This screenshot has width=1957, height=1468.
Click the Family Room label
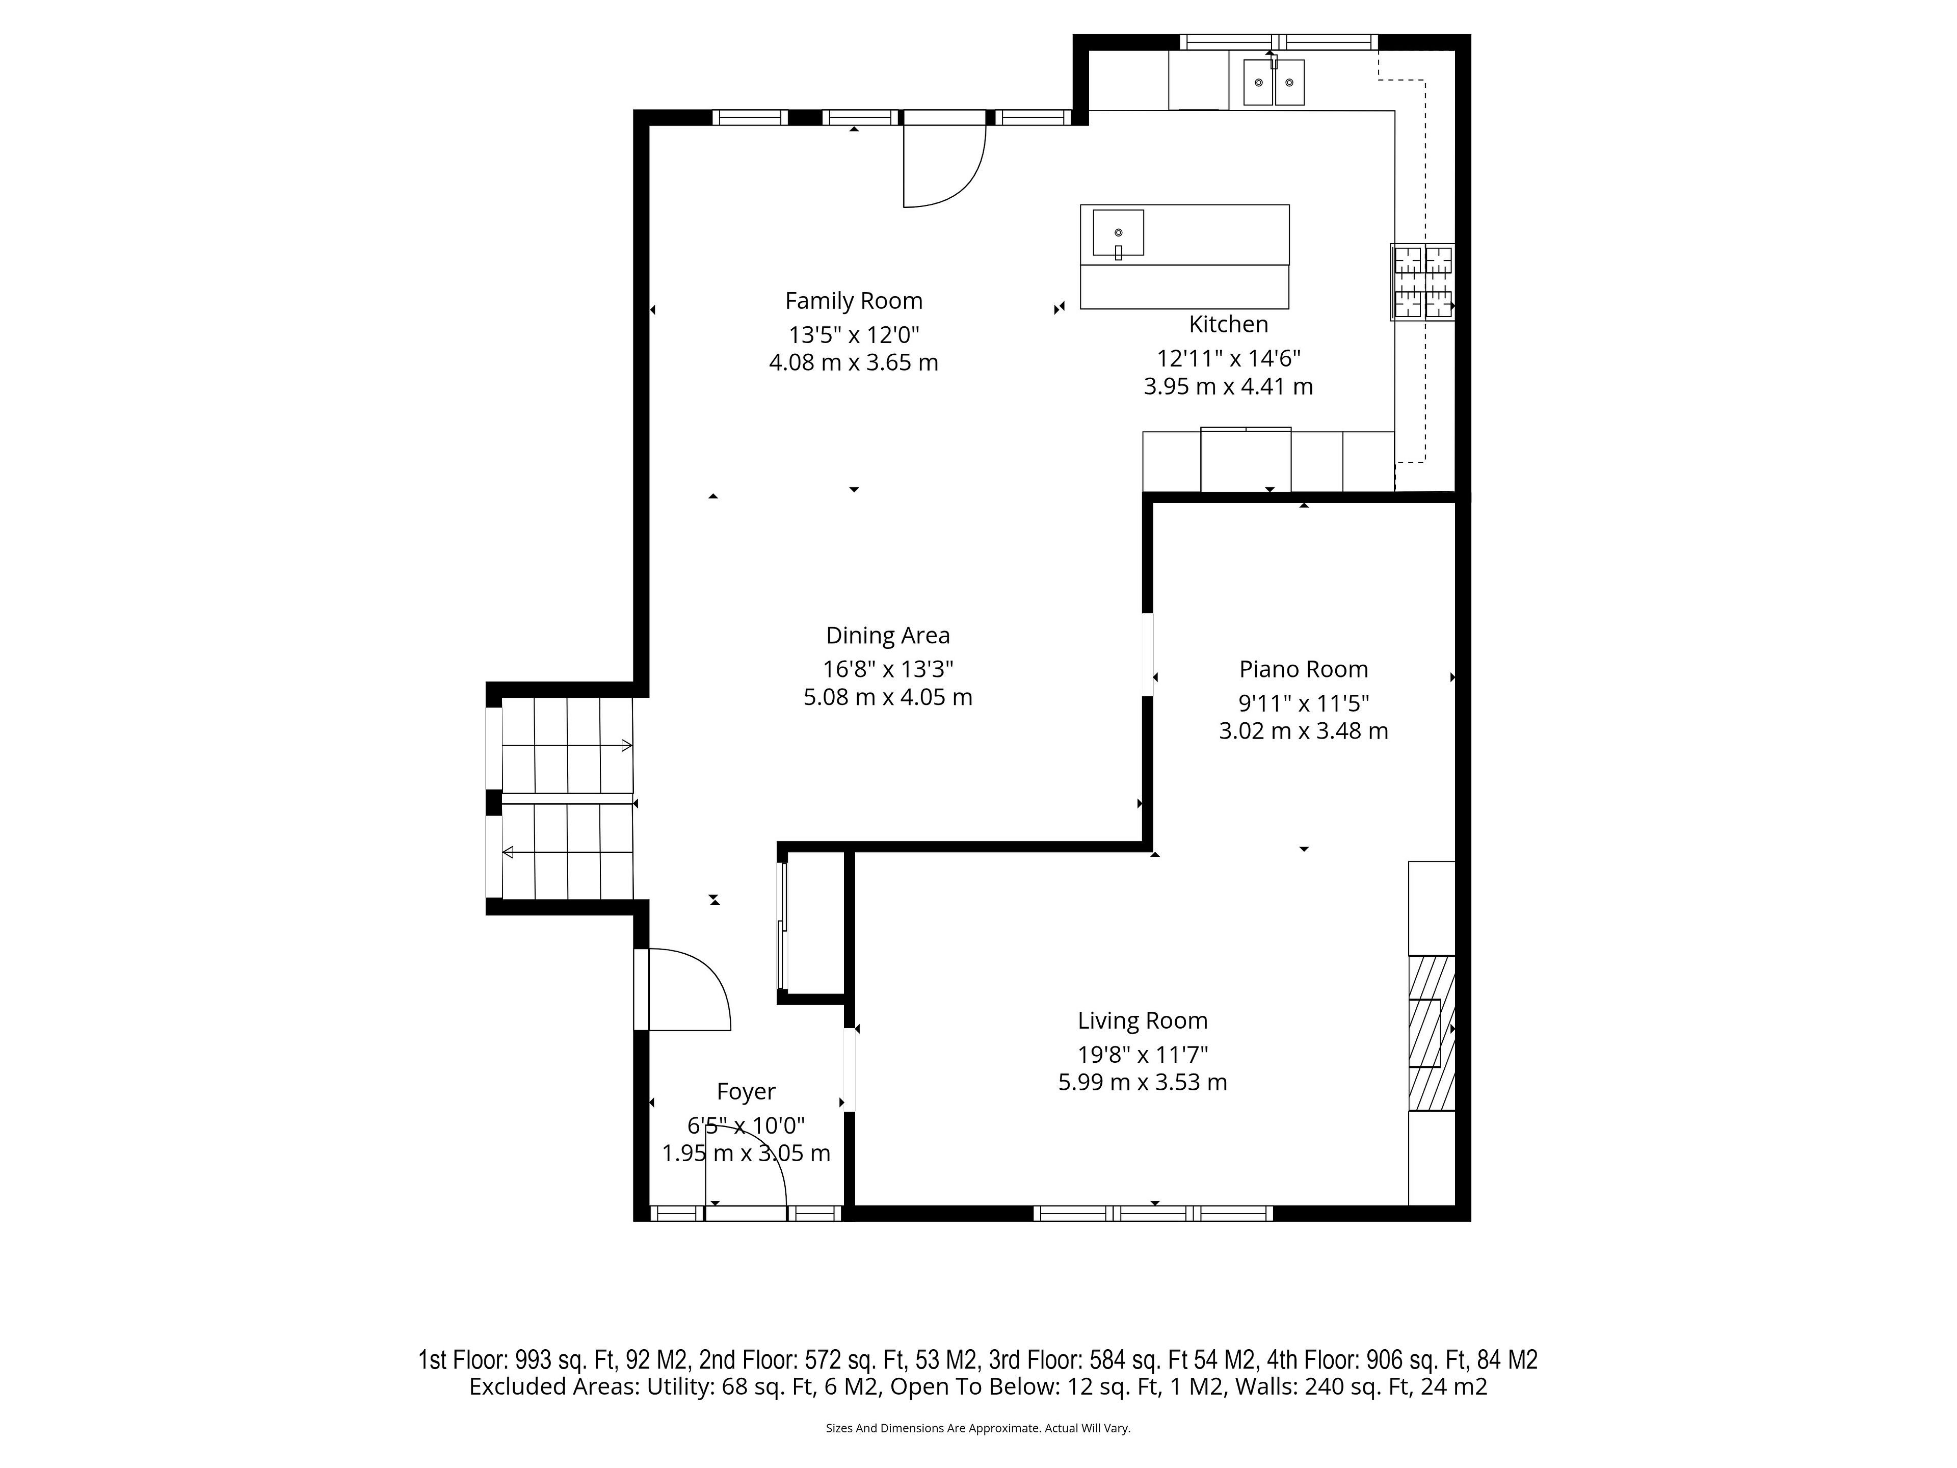pyautogui.click(x=854, y=301)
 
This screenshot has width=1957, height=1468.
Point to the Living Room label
pyautogui.click(x=1142, y=1020)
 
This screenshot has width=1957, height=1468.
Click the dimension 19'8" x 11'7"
pyautogui.click(x=1142, y=1055)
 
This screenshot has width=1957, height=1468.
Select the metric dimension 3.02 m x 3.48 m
pyautogui.click(x=1303, y=731)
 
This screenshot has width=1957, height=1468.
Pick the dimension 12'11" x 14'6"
pyautogui.click(x=1228, y=358)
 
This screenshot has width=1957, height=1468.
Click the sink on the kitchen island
pyautogui.click(x=1118, y=233)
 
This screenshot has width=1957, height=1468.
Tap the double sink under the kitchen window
pyautogui.click(x=1273, y=82)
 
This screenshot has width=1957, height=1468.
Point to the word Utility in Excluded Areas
pyautogui.click(x=679, y=1386)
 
